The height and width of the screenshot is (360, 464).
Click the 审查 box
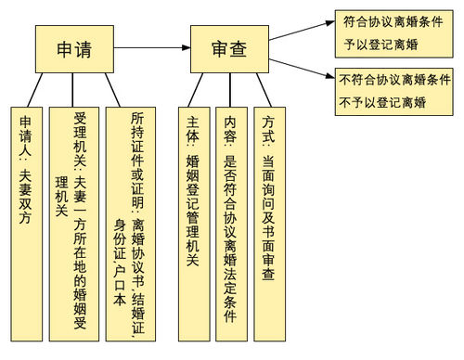pos(227,48)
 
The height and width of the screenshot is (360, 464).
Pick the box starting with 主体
pos(194,223)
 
